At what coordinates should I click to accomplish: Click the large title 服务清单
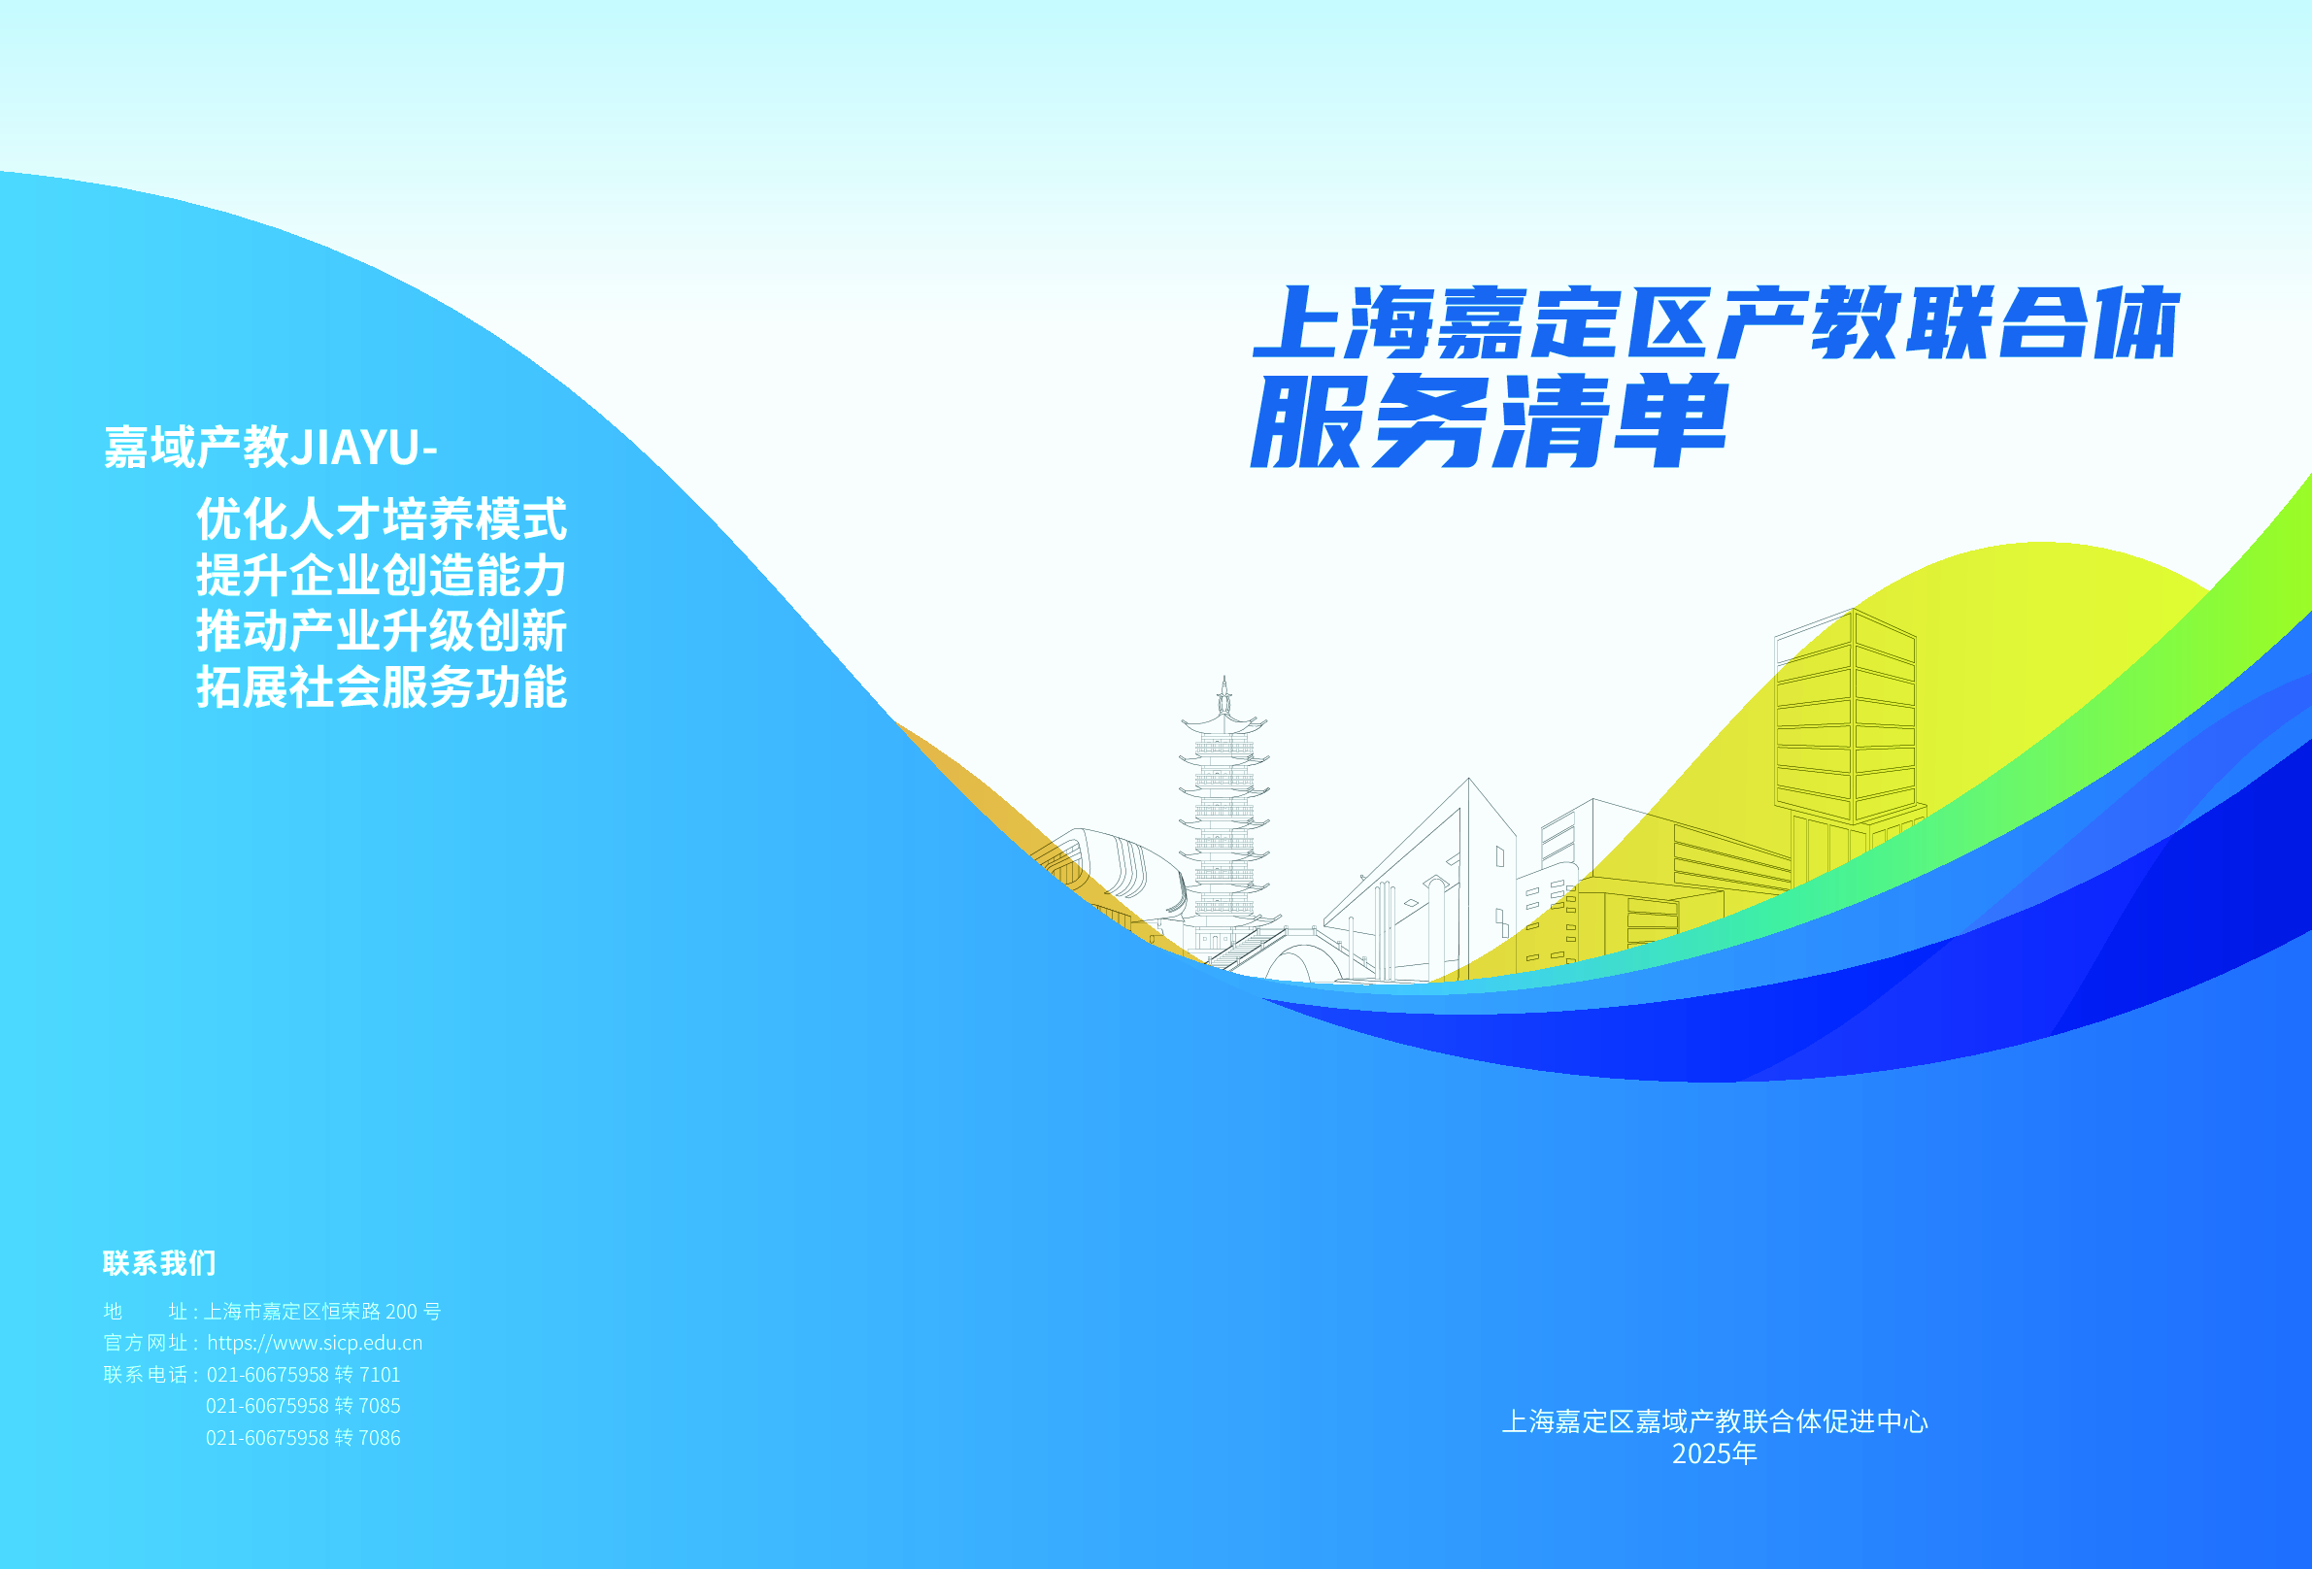[x=1490, y=420]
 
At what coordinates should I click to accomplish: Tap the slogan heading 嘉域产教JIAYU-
[x=271, y=447]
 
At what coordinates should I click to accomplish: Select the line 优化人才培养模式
[x=382, y=518]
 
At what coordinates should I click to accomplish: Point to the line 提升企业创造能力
[x=382, y=575]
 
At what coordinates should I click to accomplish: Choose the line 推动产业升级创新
[x=382, y=631]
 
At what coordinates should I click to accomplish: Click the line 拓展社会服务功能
[x=382, y=686]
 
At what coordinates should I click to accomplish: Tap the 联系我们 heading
[x=159, y=1262]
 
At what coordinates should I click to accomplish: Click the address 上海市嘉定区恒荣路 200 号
[x=322, y=1312]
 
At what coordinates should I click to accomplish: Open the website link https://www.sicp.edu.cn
[x=315, y=1343]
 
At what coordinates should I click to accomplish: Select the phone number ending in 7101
[x=303, y=1375]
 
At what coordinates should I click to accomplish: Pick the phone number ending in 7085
[x=303, y=1406]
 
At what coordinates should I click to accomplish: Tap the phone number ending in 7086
[x=303, y=1438]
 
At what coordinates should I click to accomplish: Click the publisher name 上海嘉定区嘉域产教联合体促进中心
[x=1715, y=1421]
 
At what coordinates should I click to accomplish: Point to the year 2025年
[x=1715, y=1453]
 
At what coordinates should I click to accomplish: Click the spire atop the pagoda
[x=1224, y=694]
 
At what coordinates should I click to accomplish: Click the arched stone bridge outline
[x=1303, y=955]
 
